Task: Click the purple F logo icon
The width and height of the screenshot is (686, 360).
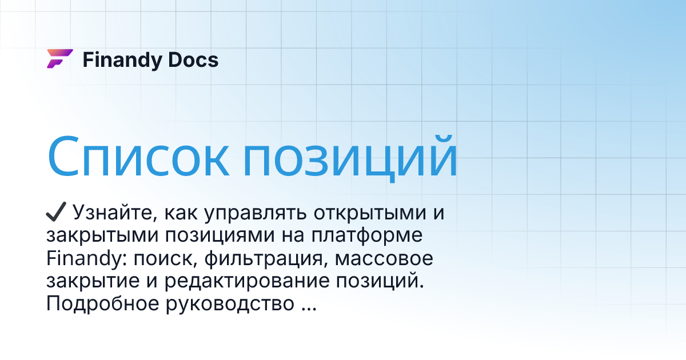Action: (x=59, y=59)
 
